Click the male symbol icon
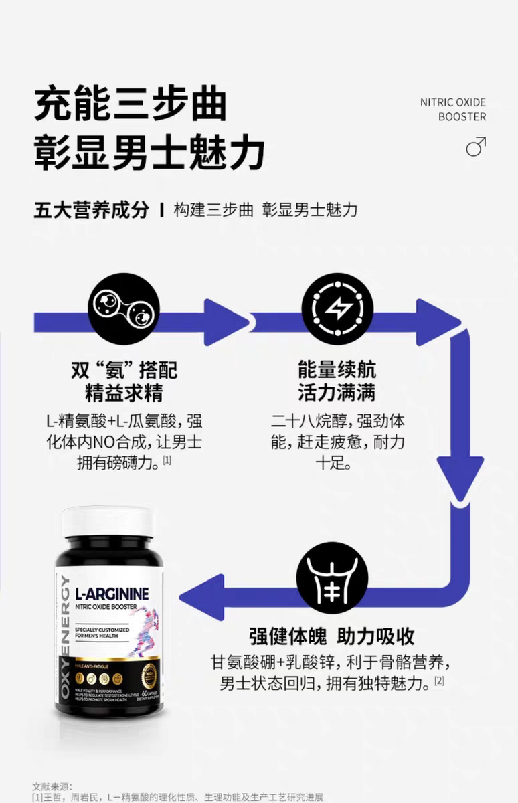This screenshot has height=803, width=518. click(x=476, y=146)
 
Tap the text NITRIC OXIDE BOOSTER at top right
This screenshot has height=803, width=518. click(x=453, y=109)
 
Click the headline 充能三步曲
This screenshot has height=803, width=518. click(x=131, y=104)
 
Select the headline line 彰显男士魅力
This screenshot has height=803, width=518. click(x=149, y=152)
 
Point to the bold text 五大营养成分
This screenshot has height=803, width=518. click(x=91, y=209)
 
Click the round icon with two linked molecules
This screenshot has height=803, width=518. click(x=124, y=308)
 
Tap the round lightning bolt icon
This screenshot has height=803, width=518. click(x=337, y=308)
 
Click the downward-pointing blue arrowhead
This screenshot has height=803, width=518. click(x=460, y=477)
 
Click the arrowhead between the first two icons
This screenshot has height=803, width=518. click(x=226, y=322)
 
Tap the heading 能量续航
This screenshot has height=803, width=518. click(x=337, y=370)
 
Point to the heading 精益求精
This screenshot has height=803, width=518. click(x=124, y=392)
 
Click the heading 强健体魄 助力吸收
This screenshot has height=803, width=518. click(x=332, y=635)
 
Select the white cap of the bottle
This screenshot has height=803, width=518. click(x=107, y=521)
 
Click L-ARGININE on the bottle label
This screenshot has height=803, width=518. click(x=112, y=593)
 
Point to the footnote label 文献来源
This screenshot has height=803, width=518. click(x=52, y=786)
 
